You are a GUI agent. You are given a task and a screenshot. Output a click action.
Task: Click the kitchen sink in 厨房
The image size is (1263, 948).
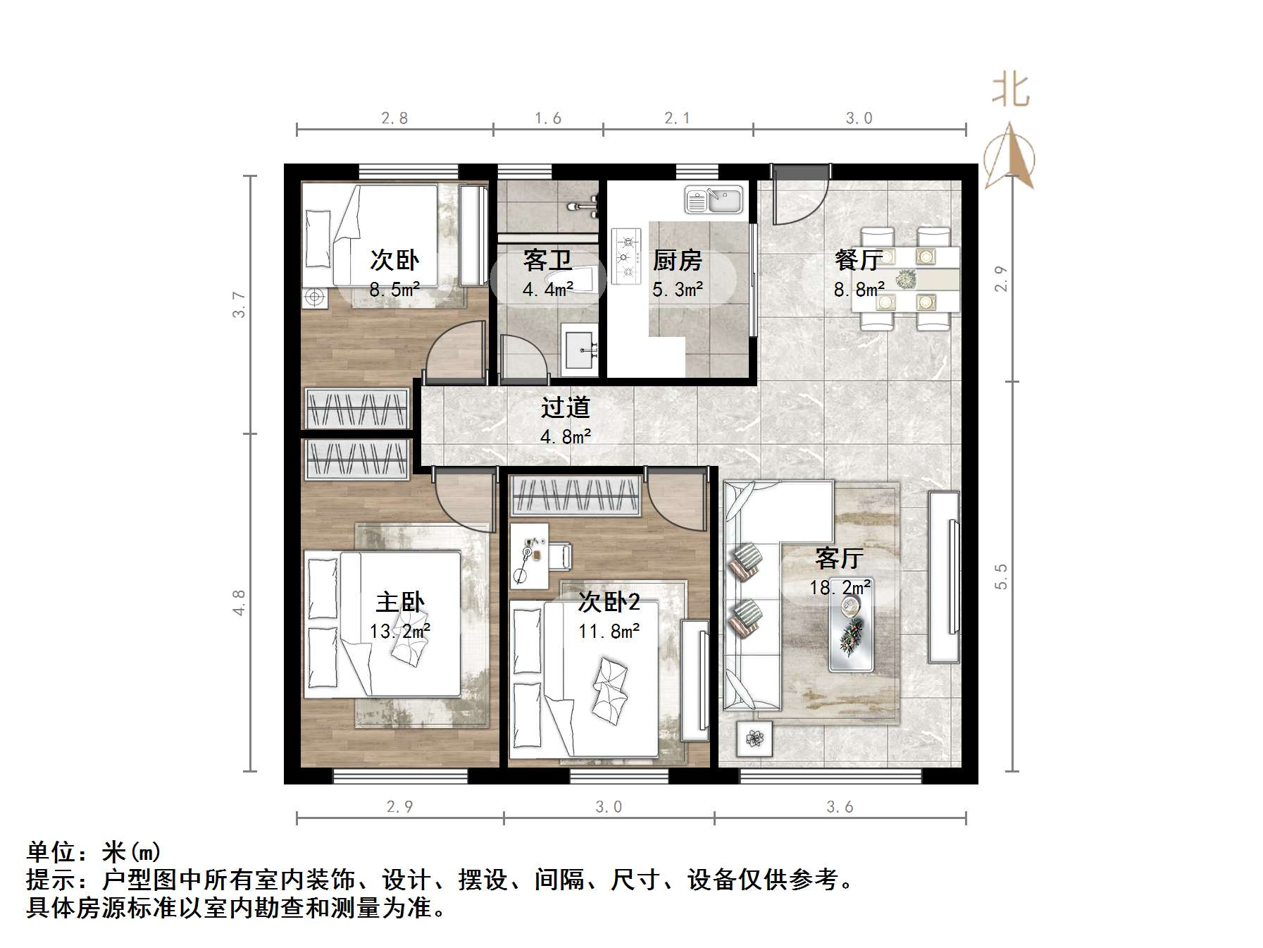pos(714,200)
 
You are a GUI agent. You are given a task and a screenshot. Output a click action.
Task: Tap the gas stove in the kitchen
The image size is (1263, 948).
pos(626,256)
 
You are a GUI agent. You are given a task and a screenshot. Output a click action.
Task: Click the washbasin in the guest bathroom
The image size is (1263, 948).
pos(580,349)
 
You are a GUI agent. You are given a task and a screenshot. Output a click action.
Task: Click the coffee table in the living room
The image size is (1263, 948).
pos(851,632)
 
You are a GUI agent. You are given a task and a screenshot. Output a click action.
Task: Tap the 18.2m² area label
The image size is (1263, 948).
pos(840,587)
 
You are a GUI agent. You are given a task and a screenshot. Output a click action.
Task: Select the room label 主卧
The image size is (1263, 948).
pos(400,603)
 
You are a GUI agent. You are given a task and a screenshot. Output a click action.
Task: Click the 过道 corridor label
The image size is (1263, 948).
pos(565,407)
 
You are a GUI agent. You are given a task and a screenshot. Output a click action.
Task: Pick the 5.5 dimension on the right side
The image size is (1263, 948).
pos(1001,577)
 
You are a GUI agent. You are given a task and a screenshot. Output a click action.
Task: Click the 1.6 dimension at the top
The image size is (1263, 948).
pos(547,118)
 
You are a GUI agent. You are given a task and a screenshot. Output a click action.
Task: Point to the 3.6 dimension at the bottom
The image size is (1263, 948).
pos(840,807)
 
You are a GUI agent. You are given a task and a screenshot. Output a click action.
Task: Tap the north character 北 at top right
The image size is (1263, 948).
pos(1011,92)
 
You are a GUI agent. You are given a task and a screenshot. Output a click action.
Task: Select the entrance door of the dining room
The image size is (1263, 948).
pos(800,194)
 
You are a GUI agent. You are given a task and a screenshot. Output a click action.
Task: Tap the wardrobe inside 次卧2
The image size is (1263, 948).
pos(575,495)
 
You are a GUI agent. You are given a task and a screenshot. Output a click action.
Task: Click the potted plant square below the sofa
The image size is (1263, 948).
pos(754,739)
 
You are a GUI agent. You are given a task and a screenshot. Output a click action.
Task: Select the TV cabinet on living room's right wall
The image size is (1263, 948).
pos(943,577)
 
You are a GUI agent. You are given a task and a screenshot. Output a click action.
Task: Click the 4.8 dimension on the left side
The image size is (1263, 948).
pos(239,603)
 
